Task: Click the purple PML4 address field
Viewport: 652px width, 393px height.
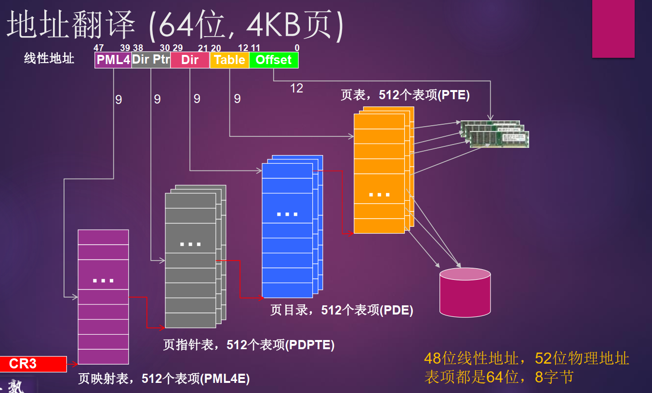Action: pyautogui.click(x=113, y=60)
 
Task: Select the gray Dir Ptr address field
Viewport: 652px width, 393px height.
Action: pyautogui.click(x=151, y=60)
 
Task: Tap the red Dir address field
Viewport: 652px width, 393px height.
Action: pyautogui.click(x=190, y=60)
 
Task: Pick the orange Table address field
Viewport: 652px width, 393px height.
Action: pyautogui.click(x=229, y=60)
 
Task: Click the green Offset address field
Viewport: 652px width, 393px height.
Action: pyautogui.click(x=274, y=60)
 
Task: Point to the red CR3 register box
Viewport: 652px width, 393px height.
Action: pyautogui.click(x=33, y=364)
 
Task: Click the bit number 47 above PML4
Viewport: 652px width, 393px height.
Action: pyautogui.click(x=99, y=48)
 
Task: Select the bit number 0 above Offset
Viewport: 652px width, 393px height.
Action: pyautogui.click(x=297, y=48)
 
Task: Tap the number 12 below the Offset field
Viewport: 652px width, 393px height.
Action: pyautogui.click(x=296, y=88)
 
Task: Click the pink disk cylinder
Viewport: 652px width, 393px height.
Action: pyautogui.click(x=465, y=292)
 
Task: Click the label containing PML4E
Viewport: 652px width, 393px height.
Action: pyautogui.click(x=164, y=379)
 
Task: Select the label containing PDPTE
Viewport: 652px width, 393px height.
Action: pyautogui.click(x=249, y=345)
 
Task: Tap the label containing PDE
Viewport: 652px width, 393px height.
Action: pyautogui.click(x=342, y=310)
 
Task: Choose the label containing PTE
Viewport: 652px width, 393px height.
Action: pyautogui.click(x=405, y=95)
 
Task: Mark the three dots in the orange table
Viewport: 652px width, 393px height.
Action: pyautogui.click(x=379, y=195)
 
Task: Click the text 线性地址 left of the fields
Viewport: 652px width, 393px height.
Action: pyautogui.click(x=49, y=59)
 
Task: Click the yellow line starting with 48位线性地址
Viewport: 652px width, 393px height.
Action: pyautogui.click(x=526, y=358)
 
